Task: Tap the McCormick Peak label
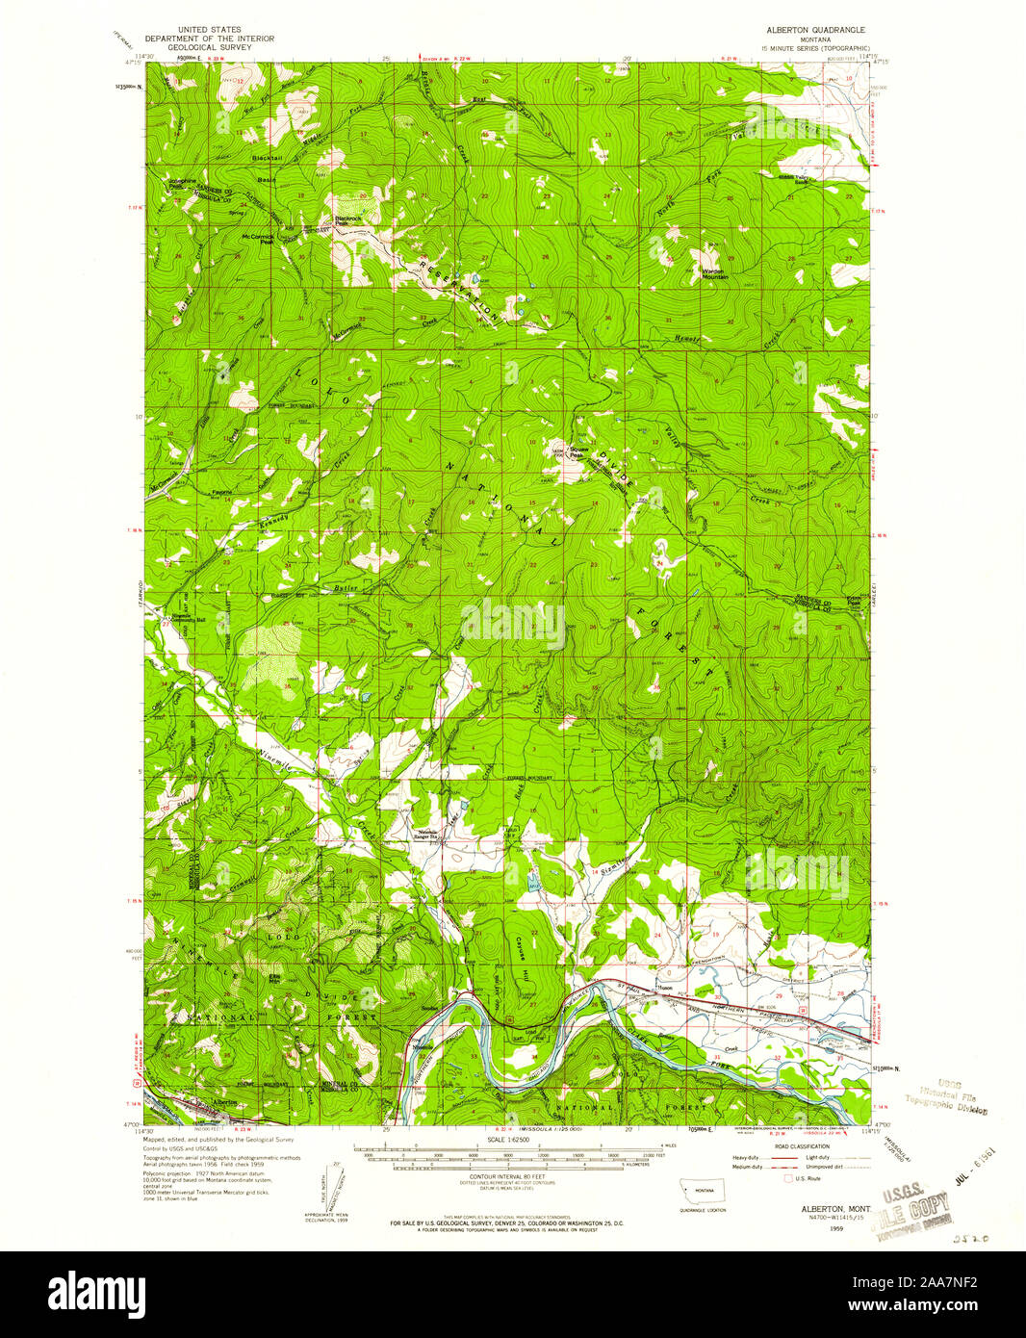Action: point(258,238)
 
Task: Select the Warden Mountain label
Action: point(714,274)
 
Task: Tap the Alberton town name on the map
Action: point(225,1102)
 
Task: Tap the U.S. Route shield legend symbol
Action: point(790,1178)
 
